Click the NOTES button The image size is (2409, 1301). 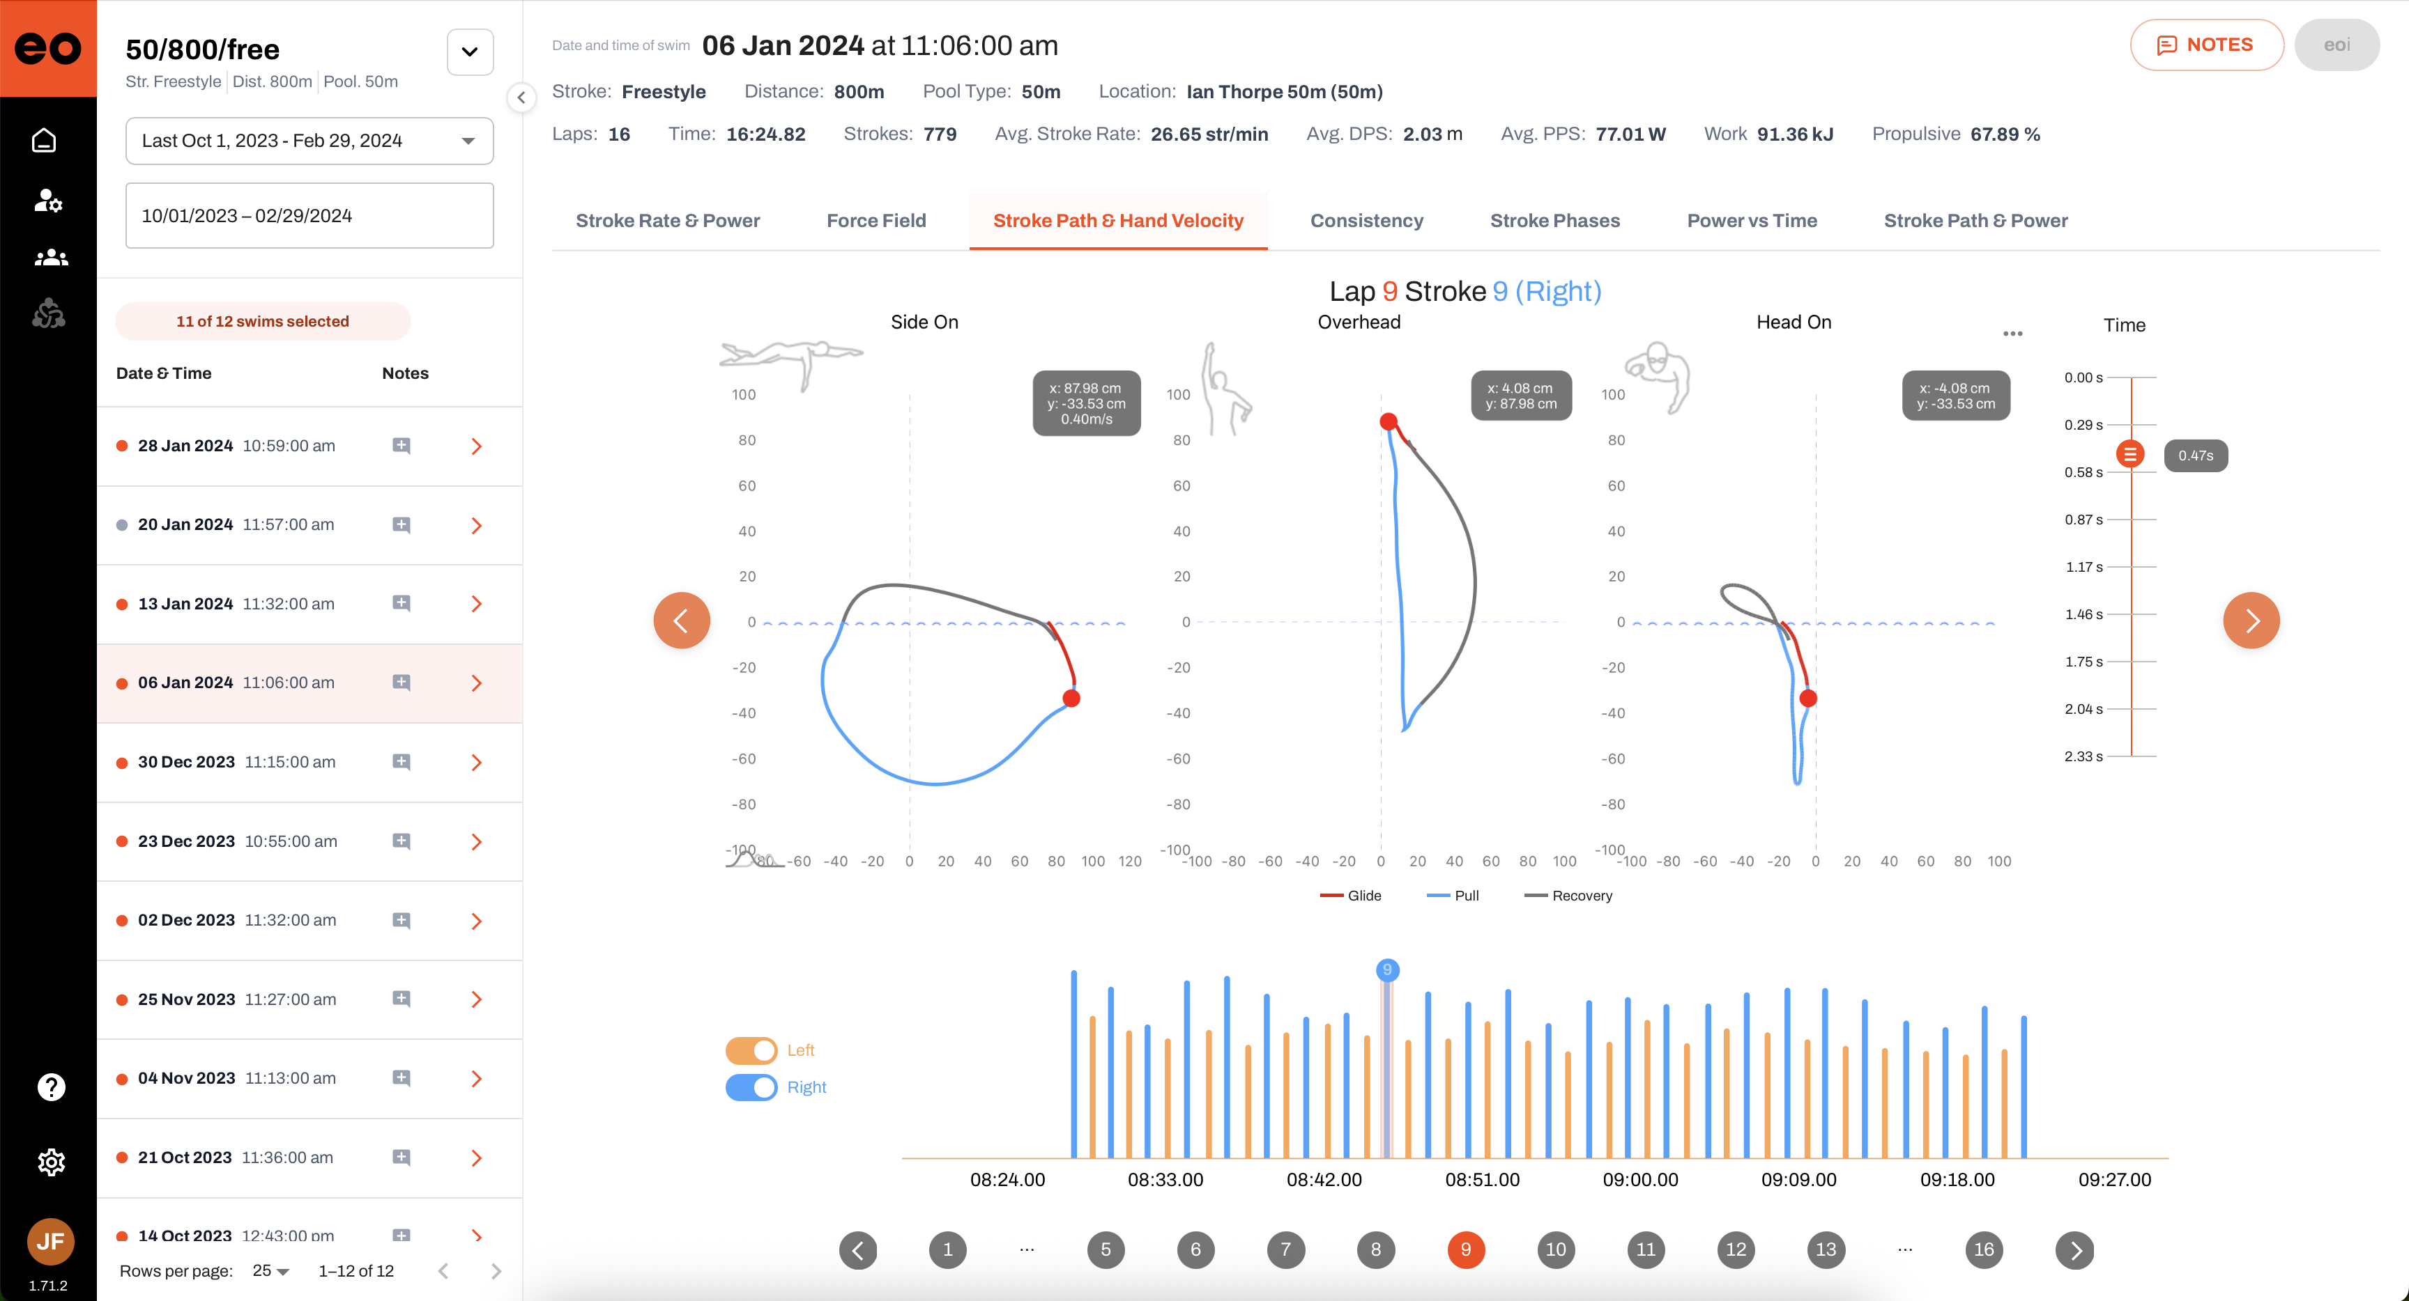[2206, 45]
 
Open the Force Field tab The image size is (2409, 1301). [875, 221]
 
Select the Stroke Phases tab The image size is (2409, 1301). [1554, 221]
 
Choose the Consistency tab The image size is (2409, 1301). [1366, 221]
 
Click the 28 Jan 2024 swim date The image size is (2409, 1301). [185, 446]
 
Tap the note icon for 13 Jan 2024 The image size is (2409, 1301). [401, 604]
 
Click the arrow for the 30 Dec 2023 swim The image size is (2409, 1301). [476, 763]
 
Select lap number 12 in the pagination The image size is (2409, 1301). [1736, 1249]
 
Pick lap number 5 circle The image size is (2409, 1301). [1106, 1249]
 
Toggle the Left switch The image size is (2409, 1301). [751, 1050]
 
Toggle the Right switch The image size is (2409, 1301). [751, 1087]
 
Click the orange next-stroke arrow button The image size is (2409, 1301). [2250, 620]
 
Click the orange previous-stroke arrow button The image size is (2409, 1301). [681, 620]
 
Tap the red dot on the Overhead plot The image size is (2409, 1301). [1389, 421]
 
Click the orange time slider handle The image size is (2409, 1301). [2130, 454]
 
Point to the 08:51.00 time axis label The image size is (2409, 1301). [1482, 1180]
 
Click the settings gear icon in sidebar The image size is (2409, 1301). [50, 1162]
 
